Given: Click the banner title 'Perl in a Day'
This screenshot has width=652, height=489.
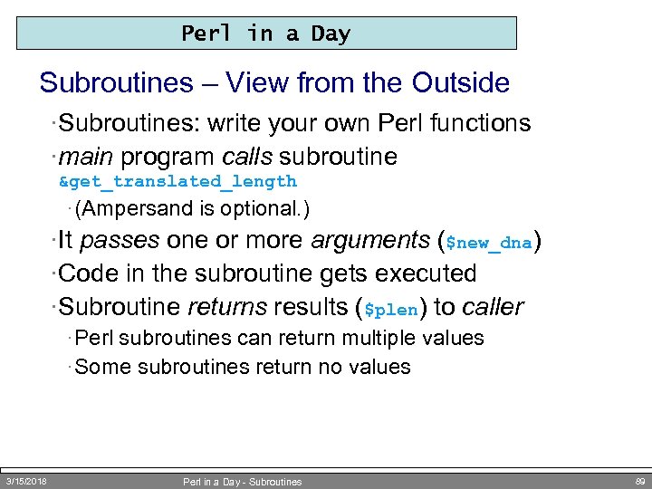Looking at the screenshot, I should pos(265,34).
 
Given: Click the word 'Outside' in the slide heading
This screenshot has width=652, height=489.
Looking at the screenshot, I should pos(460,83).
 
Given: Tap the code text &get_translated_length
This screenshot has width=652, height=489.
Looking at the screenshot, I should pos(177,181).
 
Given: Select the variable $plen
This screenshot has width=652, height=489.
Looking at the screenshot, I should pos(390,309).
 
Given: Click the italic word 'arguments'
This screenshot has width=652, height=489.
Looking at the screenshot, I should pos(370,241).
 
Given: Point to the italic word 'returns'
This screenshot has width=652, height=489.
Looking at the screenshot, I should pos(226,307).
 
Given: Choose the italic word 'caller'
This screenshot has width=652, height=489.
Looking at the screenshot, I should pos(492,307).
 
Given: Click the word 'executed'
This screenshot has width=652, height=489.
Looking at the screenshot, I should pos(427,273).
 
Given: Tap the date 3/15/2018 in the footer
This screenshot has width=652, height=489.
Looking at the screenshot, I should pos(26,481).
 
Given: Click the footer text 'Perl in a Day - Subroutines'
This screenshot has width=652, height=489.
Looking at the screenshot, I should pos(242,482).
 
